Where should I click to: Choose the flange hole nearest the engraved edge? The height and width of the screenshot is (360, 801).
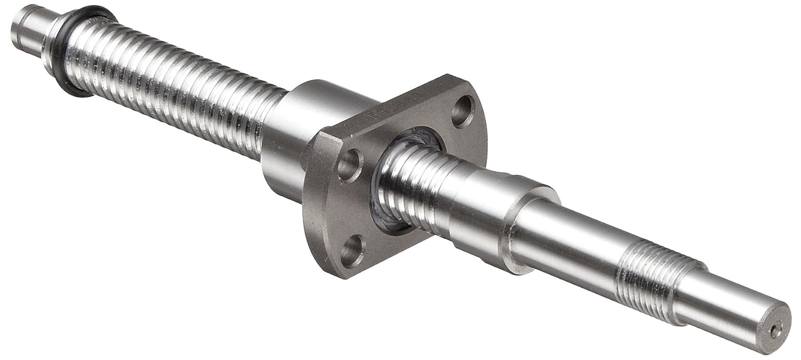pos(462,111)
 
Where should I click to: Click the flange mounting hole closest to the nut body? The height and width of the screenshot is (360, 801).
pos(350,166)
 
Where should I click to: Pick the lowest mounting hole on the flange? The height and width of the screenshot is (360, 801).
pos(352,251)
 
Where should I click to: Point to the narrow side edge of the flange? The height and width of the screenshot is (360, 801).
pos(315,214)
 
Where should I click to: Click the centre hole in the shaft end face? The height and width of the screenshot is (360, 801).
pos(775,331)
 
